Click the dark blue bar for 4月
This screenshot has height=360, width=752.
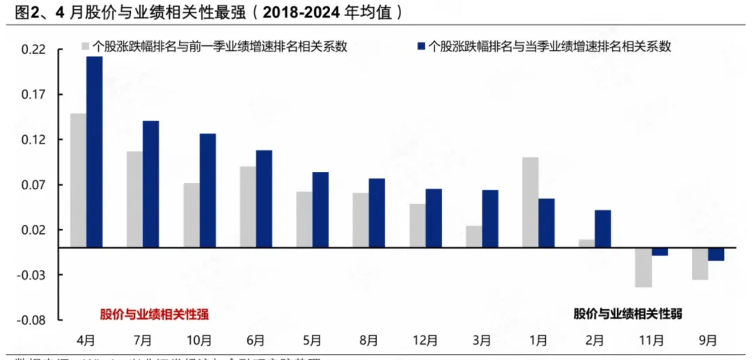(x=94, y=152)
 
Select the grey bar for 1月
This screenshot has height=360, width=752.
(x=531, y=202)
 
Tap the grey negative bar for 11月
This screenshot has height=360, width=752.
(x=643, y=267)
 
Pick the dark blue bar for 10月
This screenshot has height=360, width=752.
(x=207, y=190)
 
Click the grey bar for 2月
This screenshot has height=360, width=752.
(x=587, y=243)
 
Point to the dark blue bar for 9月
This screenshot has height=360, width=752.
(x=716, y=254)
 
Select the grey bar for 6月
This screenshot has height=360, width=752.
(x=247, y=207)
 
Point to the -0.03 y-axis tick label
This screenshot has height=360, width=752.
(x=33, y=275)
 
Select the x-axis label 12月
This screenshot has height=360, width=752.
(x=425, y=341)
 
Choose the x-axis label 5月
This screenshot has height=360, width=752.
(x=311, y=341)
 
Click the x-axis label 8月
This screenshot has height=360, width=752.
(x=368, y=341)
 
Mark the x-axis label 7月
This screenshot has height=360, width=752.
(x=142, y=341)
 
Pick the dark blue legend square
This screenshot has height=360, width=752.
(x=420, y=47)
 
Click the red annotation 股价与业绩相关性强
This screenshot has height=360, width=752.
(x=154, y=314)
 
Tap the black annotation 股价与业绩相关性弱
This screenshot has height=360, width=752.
(x=627, y=314)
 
